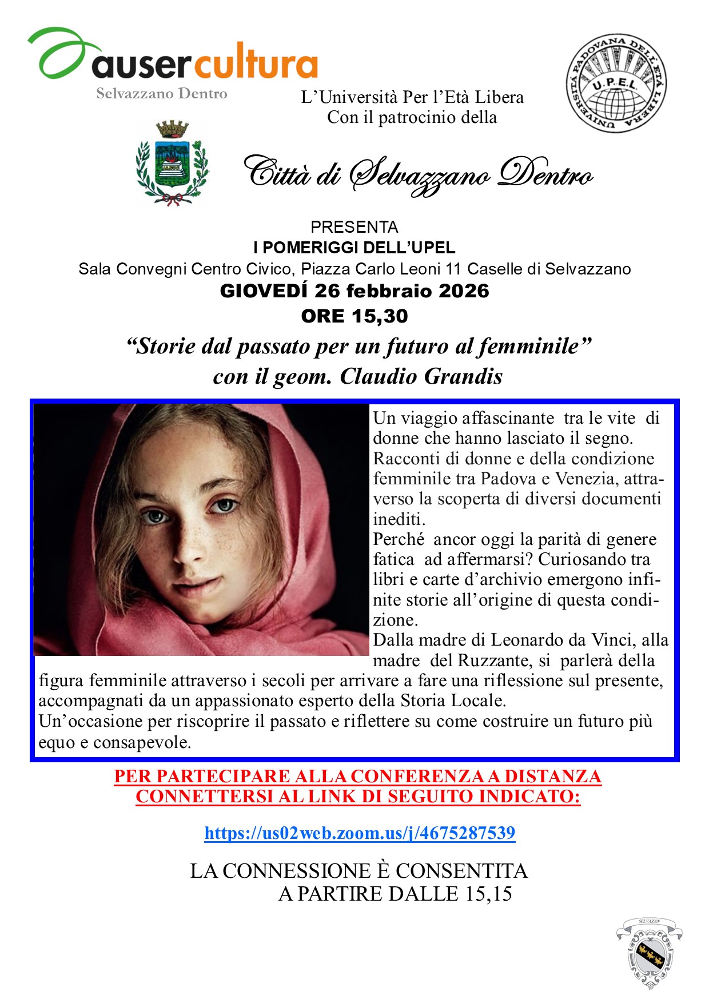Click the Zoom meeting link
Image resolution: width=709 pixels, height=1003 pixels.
(x=360, y=833)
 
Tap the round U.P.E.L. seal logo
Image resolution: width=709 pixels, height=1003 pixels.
(x=616, y=83)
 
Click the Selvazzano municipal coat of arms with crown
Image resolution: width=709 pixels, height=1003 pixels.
(x=172, y=162)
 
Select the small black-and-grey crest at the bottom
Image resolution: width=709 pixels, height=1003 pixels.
(x=649, y=953)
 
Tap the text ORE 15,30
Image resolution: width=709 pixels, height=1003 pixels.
(x=354, y=316)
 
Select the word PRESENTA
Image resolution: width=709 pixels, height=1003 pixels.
(x=354, y=227)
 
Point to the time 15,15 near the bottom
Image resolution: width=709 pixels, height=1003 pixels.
(x=488, y=894)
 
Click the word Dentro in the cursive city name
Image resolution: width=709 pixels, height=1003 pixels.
(x=544, y=174)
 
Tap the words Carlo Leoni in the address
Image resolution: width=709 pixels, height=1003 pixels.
(x=396, y=269)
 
